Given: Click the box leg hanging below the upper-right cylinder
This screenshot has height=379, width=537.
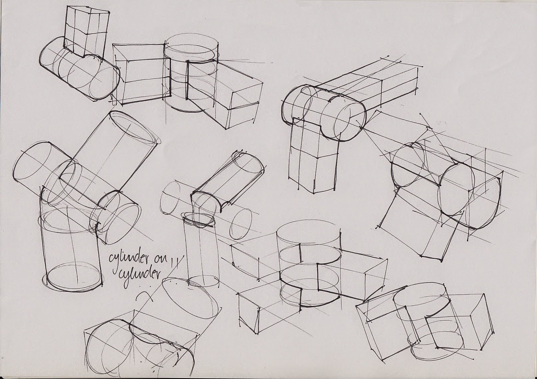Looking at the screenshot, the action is [312, 156].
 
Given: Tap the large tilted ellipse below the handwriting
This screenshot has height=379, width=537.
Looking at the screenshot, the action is [190, 298].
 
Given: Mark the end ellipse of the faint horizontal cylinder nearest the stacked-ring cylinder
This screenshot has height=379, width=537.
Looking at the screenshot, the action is [240, 224].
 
